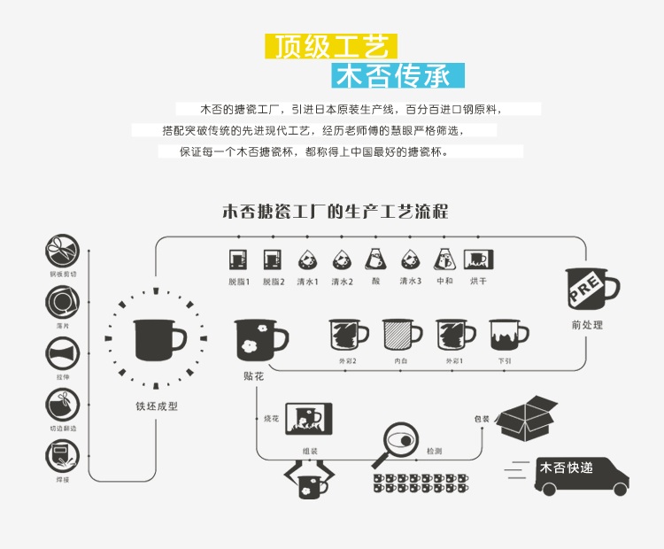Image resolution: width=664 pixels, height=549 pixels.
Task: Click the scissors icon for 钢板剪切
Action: pyautogui.click(x=62, y=251)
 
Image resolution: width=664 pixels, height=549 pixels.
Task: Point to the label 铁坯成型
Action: pyautogui.click(x=157, y=406)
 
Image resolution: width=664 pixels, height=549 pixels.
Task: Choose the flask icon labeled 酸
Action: pyautogui.click(x=375, y=259)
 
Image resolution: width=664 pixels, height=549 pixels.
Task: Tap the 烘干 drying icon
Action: pyautogui.click(x=478, y=260)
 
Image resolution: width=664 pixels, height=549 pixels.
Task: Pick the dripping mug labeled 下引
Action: pyautogui.click(x=506, y=336)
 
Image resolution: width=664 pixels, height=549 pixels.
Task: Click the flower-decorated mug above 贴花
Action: pyautogui.click(x=259, y=339)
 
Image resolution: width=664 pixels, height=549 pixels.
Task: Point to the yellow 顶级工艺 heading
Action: pyautogui.click(x=331, y=47)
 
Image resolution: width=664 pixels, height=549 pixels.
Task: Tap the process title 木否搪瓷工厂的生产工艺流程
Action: pyautogui.click(x=335, y=213)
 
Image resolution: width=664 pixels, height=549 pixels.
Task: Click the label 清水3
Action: pyautogui.click(x=410, y=282)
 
